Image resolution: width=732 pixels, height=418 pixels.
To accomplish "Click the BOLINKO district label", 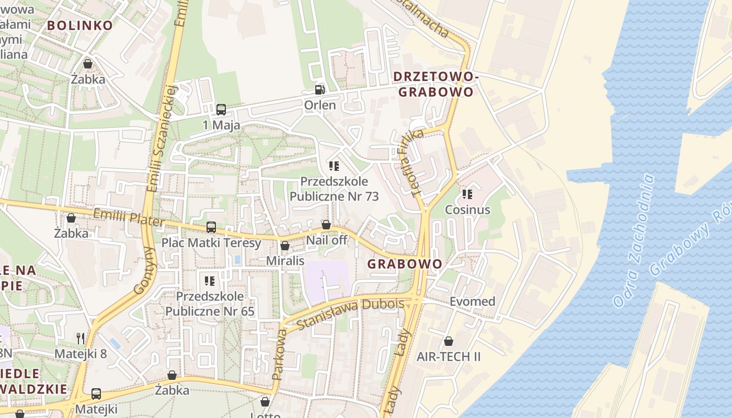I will [79, 25].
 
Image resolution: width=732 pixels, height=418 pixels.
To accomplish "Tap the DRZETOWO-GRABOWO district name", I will [436, 84].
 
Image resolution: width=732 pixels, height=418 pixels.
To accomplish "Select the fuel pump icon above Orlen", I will [319, 90].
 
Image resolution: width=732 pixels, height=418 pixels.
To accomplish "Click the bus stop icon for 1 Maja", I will [221, 110].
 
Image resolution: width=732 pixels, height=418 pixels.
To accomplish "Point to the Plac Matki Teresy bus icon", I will [211, 227].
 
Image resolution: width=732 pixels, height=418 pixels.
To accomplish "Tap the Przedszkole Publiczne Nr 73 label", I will [334, 189].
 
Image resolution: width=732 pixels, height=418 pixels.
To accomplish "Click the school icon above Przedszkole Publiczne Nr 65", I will [210, 281].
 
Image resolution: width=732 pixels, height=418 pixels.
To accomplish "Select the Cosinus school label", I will [467, 210].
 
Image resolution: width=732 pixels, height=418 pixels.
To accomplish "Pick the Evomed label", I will [472, 301].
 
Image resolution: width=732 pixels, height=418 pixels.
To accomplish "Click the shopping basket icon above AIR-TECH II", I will [448, 342].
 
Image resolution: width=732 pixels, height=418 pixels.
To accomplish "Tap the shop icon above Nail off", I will [326, 225].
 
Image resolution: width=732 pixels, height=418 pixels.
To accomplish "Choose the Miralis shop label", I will [285, 260].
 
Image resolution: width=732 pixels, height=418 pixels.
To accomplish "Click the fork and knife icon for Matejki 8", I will [81, 338].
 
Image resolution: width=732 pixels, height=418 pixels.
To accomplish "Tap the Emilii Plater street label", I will [128, 218].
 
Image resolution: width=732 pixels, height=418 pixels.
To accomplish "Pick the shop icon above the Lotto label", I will [265, 402].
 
